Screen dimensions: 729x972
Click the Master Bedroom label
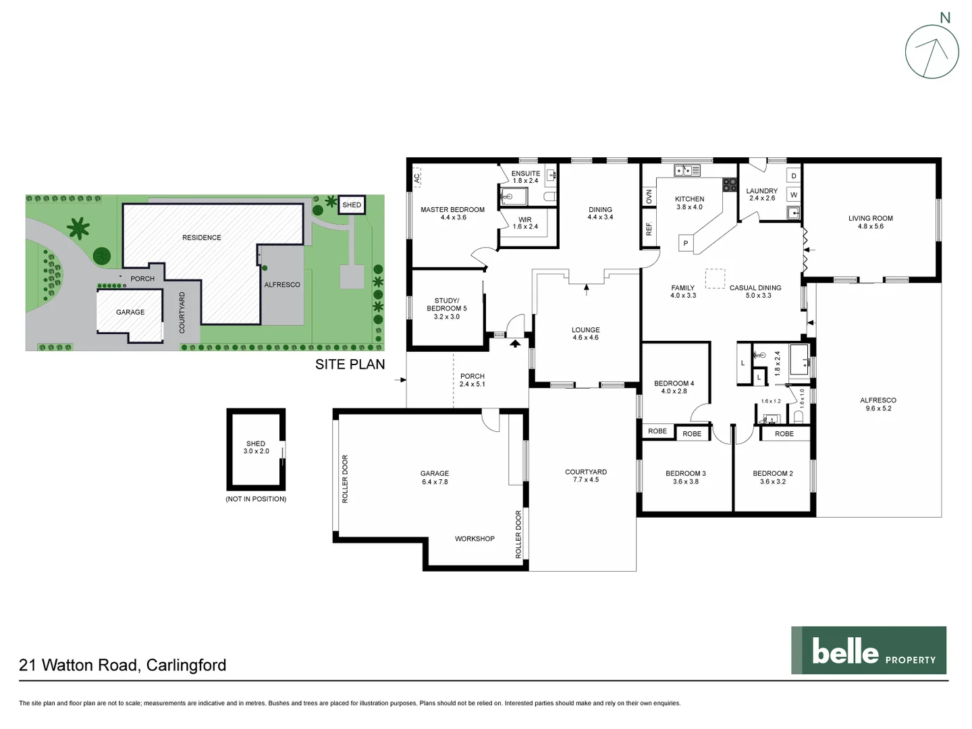click(452, 210)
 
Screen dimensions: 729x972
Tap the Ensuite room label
click(525, 173)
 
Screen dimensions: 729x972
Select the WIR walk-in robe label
click(525, 220)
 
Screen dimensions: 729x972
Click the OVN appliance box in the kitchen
click(649, 196)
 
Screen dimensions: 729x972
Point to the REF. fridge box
click(649, 229)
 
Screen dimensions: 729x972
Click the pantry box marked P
click(686, 244)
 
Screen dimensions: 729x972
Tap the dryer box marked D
click(793, 176)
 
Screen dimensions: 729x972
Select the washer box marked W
click(793, 195)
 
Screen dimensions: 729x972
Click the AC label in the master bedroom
click(417, 178)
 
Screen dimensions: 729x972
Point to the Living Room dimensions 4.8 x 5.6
click(870, 227)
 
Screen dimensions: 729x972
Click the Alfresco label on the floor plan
click(878, 400)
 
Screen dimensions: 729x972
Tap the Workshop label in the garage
click(475, 539)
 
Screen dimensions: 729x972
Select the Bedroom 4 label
click(674, 383)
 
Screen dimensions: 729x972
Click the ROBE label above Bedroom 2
click(784, 434)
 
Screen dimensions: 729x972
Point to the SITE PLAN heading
click(350, 364)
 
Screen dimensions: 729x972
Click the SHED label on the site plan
click(352, 205)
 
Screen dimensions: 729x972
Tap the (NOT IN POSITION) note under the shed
click(256, 499)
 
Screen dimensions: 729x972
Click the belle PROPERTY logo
click(868, 651)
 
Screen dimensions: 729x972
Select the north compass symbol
click(932, 52)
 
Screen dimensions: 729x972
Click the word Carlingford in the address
click(186, 665)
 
